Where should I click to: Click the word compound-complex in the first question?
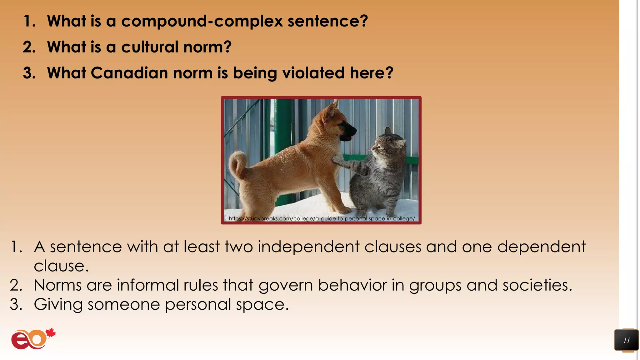(202, 21)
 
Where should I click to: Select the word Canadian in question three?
(129, 73)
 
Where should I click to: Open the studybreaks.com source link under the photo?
(322, 218)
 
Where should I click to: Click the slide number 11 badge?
(626, 340)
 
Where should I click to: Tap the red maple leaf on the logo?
(51, 333)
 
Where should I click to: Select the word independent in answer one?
(308, 247)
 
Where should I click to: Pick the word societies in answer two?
(537, 285)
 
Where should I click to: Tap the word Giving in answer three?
(58, 304)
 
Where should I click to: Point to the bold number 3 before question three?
(29, 73)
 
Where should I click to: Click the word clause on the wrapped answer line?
(61, 266)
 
